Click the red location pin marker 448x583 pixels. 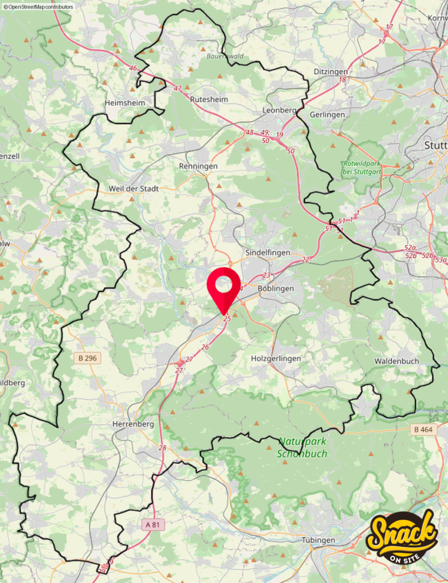pyautogui.click(x=224, y=286)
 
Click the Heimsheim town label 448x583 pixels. pyautogui.click(x=125, y=102)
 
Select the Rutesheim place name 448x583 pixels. pyautogui.click(x=209, y=99)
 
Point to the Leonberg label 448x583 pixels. pyautogui.click(x=279, y=110)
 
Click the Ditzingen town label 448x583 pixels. pyautogui.click(x=331, y=72)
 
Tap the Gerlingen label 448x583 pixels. pyautogui.click(x=327, y=114)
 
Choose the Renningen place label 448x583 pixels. pyautogui.click(x=198, y=166)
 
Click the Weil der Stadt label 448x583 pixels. pyautogui.click(x=134, y=188)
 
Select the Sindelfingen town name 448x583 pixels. pyautogui.click(x=267, y=252)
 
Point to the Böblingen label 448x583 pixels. pyautogui.click(x=276, y=289)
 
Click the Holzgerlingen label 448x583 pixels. pyautogui.click(x=276, y=359)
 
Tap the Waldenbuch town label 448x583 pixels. pyautogui.click(x=396, y=361)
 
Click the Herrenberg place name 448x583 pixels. pyautogui.click(x=132, y=424)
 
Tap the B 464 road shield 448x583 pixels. pyautogui.click(x=423, y=430)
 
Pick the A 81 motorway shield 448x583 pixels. pyautogui.click(x=152, y=524)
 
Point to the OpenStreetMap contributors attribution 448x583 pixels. pyautogui.click(x=38, y=6)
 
